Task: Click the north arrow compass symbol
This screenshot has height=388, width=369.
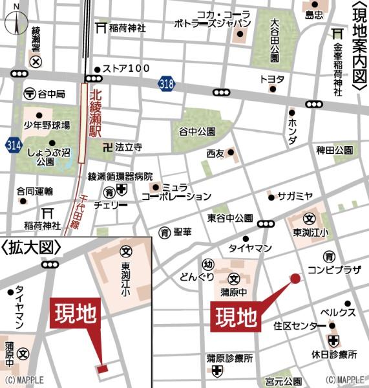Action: tap(16, 21)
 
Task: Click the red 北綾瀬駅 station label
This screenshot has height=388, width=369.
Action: tap(96, 108)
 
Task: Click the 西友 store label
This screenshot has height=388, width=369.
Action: tap(215, 154)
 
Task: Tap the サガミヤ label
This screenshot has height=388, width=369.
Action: tap(295, 196)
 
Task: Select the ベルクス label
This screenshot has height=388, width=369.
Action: tap(339, 312)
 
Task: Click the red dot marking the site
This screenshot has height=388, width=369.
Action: tap(295, 279)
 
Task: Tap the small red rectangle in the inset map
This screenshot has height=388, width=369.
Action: tap(102, 369)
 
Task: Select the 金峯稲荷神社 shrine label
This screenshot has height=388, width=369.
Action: tap(337, 67)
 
